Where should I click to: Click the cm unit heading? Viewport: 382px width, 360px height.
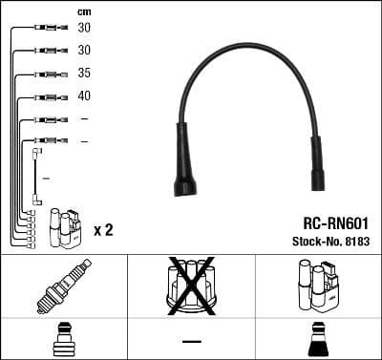click(x=83, y=11)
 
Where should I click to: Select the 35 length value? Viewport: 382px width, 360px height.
click(x=84, y=73)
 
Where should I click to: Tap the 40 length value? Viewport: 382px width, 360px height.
click(x=84, y=95)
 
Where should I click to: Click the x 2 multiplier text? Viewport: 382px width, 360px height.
click(x=104, y=230)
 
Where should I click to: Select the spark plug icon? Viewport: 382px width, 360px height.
click(x=62, y=286)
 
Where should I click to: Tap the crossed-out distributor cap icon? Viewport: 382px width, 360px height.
click(x=190, y=286)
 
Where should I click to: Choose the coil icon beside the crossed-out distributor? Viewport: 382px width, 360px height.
click(x=317, y=286)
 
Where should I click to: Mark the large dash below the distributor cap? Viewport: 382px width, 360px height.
click(x=191, y=341)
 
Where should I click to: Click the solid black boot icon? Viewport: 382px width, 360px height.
click(x=318, y=341)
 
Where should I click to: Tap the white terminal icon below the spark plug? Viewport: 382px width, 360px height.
click(x=62, y=340)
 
